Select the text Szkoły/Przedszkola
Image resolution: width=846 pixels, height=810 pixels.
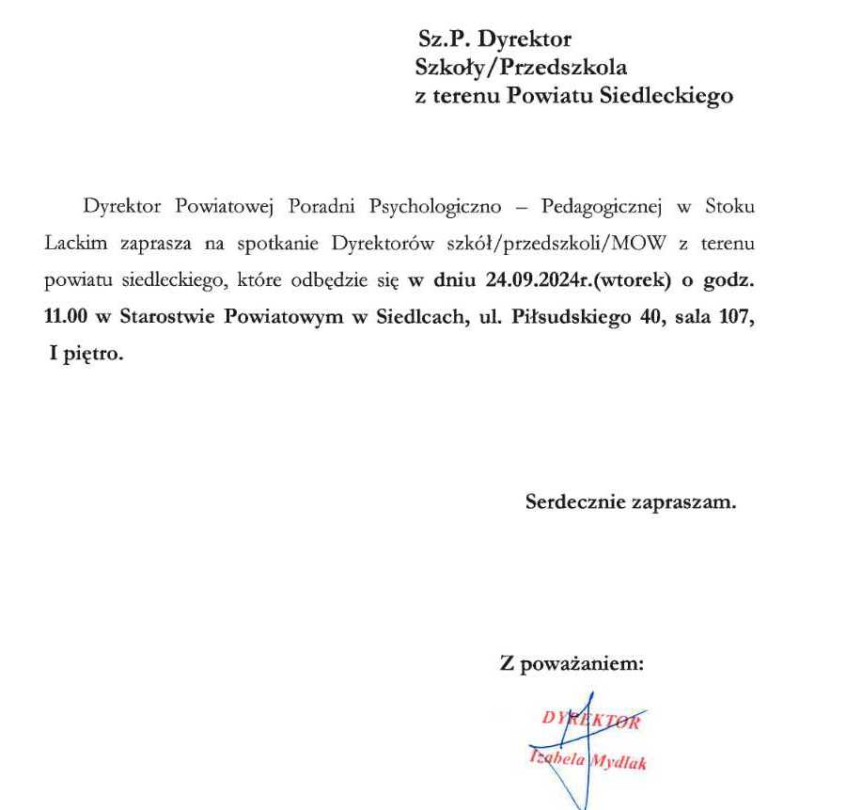tap(521, 68)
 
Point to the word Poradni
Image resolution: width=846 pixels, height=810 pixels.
tap(324, 206)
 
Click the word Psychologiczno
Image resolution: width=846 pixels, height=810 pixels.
tap(430, 206)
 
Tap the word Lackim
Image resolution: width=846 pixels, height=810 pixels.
tap(75, 244)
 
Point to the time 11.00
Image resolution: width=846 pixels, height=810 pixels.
tap(65, 318)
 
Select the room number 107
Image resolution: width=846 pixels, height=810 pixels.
tap(736, 318)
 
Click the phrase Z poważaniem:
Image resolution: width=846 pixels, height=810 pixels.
tap(572, 664)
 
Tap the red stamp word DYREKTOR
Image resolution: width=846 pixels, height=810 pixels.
tap(591, 722)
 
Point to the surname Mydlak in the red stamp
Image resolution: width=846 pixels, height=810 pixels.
tap(619, 763)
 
